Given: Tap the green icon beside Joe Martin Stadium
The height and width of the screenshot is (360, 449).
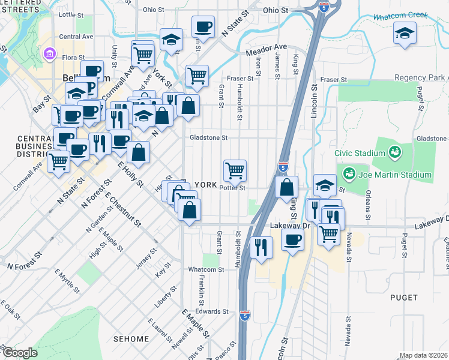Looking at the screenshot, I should pyautogui.click(x=349, y=174).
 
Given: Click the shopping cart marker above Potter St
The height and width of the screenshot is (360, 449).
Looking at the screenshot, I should pyautogui.click(x=235, y=170).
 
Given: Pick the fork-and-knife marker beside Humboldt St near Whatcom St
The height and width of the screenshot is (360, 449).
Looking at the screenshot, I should pyautogui.click(x=261, y=247).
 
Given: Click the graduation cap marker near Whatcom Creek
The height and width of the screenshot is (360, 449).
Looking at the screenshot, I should pyautogui.click(x=405, y=33).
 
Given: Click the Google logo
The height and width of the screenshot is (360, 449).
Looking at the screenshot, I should pyautogui.click(x=19, y=353).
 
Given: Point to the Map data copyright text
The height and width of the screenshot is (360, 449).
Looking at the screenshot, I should pyautogui.click(x=423, y=355).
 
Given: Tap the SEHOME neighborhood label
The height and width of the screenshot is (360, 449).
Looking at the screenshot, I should pyautogui.click(x=130, y=339).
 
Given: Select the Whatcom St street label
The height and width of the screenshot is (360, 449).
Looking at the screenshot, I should pyautogui.click(x=206, y=270).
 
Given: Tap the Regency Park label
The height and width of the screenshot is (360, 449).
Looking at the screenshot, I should pyautogui.click(x=421, y=79).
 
